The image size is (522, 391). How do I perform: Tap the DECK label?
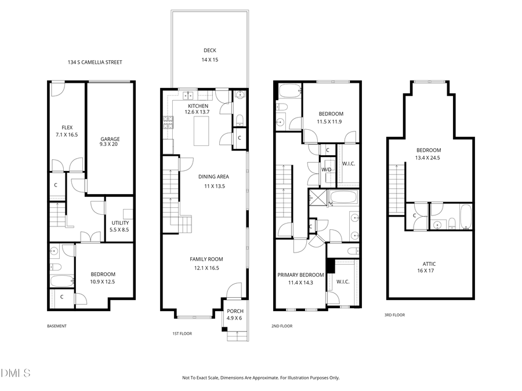click(209, 50)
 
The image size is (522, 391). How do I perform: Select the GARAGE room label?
click(110, 139)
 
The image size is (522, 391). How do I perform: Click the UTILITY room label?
click(120, 223)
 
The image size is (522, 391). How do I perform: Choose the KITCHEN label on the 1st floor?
click(197, 106)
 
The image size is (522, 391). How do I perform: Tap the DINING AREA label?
click(213, 177)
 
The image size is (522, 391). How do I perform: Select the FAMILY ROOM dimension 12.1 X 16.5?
click(206, 268)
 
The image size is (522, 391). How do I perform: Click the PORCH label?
click(235, 311)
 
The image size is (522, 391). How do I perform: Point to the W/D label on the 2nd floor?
click(327, 170)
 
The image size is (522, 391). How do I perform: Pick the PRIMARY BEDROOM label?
click(300, 275)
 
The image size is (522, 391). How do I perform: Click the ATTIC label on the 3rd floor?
click(429, 264)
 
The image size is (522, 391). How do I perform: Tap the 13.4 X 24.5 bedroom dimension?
click(429, 157)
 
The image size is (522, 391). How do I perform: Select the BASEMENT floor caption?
click(57, 326)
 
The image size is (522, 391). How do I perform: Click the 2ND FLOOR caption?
click(282, 326)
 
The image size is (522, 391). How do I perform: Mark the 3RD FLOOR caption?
click(394, 315)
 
